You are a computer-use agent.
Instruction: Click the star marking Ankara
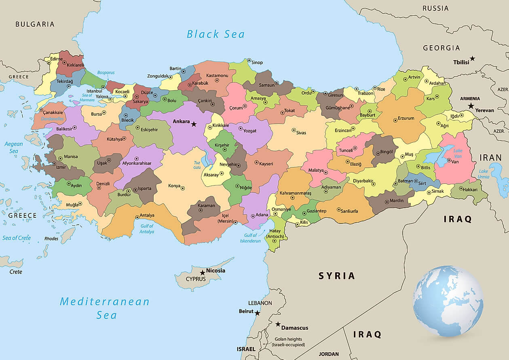(194, 124)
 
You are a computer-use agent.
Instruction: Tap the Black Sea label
(215, 34)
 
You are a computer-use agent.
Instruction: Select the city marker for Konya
(183, 188)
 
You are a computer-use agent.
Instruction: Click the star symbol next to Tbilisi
(472, 59)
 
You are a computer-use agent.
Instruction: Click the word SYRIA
(337, 276)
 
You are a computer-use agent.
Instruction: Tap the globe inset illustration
(448, 301)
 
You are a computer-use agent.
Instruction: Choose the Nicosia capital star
(203, 273)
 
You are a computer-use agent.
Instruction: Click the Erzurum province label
(406, 118)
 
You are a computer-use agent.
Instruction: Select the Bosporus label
(106, 73)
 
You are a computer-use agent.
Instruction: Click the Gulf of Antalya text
(147, 229)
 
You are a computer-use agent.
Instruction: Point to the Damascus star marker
(278, 324)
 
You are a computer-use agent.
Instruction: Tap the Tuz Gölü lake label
(197, 165)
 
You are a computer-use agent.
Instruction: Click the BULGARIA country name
(35, 24)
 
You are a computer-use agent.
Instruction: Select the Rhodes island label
(51, 238)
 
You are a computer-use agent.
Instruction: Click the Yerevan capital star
(471, 106)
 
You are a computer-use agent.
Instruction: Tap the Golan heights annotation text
(288, 342)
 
